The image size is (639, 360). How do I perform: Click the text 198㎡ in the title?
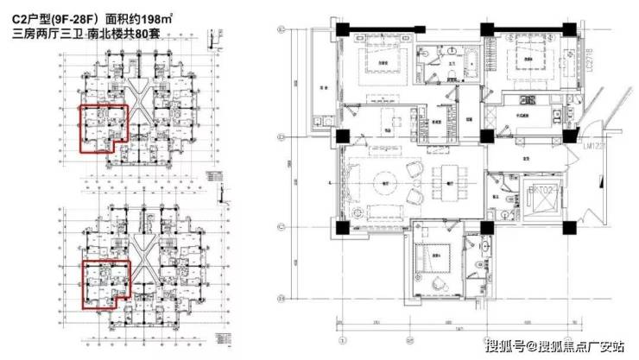tap(154, 17)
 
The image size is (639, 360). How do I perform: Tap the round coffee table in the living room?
tap(385, 180)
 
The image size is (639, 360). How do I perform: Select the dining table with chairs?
tap(447, 181)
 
